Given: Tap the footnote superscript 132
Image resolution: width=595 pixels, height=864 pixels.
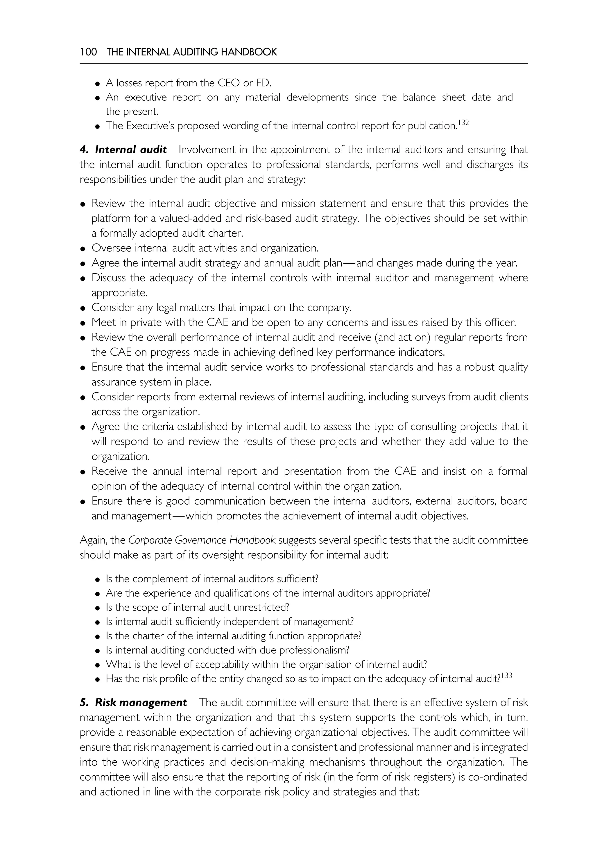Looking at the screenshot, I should tap(463, 122).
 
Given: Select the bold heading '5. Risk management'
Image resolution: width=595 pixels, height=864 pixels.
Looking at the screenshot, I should tap(133, 702).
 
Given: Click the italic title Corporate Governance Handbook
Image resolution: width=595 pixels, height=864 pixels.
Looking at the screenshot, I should tap(202, 540).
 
